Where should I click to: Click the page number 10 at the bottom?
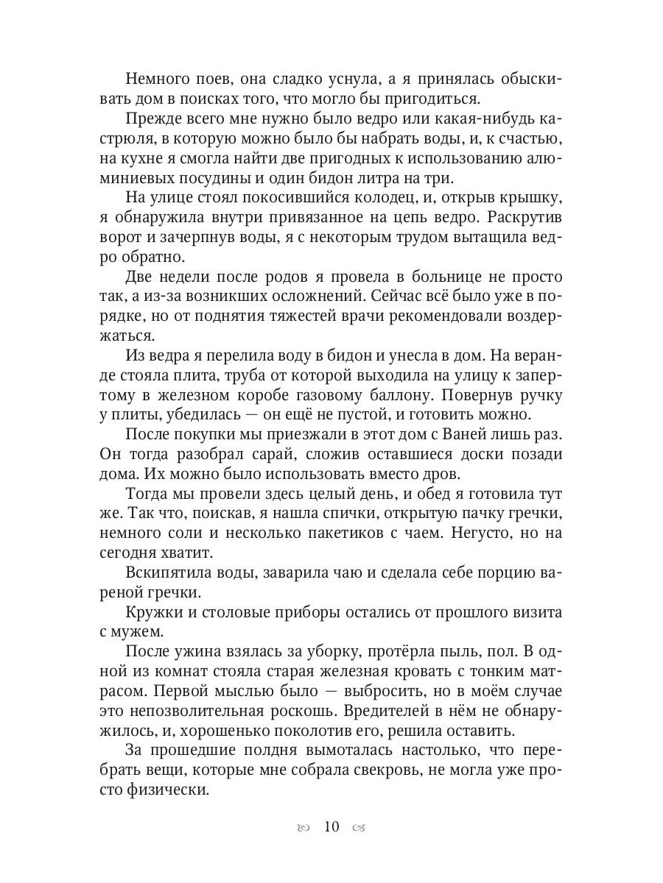point(331,826)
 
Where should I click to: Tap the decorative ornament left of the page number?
point(303,827)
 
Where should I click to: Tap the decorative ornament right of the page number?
point(359,827)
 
